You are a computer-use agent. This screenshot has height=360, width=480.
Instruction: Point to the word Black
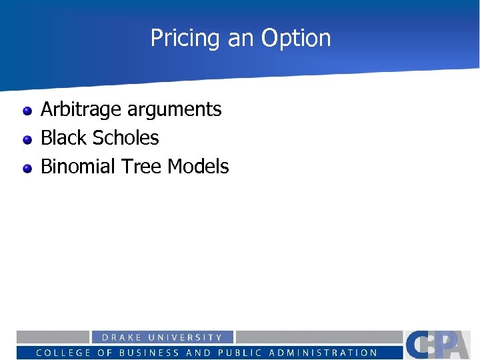coord(63,137)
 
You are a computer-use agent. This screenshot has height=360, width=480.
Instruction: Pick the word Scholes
coord(126,137)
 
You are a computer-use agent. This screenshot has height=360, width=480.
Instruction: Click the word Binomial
coord(78,166)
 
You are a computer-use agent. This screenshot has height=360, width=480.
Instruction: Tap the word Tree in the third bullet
coord(142,166)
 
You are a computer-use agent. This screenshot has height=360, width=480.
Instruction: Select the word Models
coord(198,166)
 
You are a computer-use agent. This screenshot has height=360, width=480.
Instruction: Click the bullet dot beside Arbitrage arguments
coord(27,111)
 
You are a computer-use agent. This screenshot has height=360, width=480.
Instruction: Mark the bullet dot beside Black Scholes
coord(27,139)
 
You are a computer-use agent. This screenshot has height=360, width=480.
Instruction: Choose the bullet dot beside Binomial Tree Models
coord(27,168)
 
